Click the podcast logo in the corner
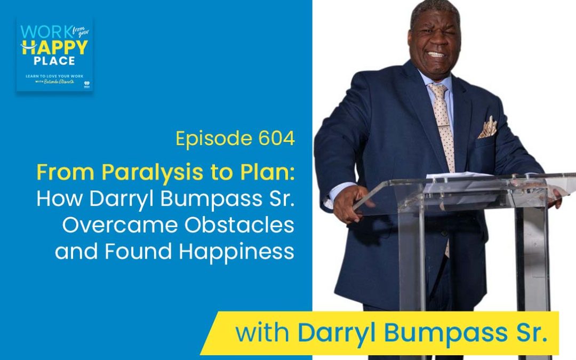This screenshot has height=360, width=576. (54, 54)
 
